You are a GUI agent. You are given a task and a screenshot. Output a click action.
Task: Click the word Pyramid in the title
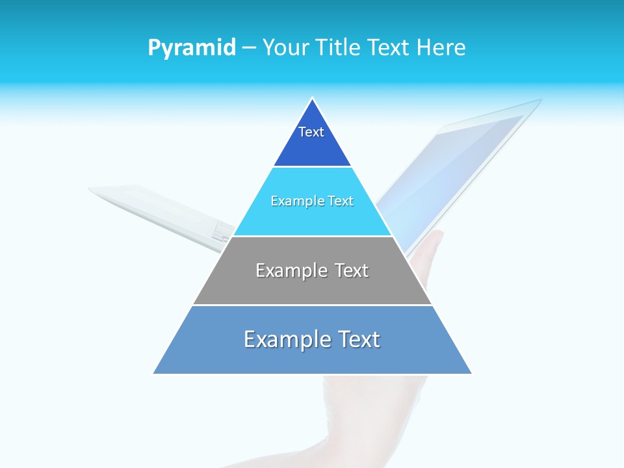coord(192,48)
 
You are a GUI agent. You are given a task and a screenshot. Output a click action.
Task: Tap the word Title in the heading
coord(341,47)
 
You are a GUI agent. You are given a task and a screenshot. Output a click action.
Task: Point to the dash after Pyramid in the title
coord(249,48)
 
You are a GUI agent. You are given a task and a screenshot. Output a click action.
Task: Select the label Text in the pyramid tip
coord(311,132)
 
